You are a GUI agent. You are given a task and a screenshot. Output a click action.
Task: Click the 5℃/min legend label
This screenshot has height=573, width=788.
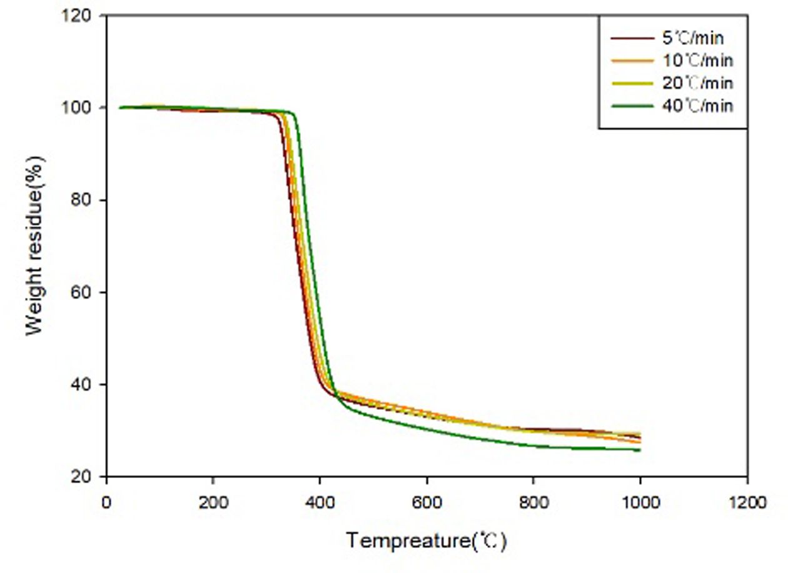click(x=692, y=39)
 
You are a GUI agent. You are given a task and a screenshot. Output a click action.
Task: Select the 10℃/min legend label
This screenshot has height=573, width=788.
click(x=697, y=61)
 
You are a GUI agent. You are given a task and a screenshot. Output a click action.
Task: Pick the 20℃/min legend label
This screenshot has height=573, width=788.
click(x=697, y=83)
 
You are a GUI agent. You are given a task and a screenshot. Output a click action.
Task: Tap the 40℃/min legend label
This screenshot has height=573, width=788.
click(x=697, y=105)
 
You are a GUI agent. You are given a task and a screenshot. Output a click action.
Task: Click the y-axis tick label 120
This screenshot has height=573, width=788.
click(x=84, y=15)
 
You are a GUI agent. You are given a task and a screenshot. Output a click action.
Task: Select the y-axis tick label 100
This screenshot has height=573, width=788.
click(x=84, y=107)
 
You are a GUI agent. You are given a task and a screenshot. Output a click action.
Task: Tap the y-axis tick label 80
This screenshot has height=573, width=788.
click(x=88, y=200)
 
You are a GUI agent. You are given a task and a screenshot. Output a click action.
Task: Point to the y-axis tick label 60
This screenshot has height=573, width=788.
click(x=88, y=292)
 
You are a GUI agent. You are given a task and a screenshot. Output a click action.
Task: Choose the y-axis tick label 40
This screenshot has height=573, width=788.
click(x=88, y=384)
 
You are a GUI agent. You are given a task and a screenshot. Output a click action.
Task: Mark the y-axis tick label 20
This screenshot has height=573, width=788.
click(x=88, y=476)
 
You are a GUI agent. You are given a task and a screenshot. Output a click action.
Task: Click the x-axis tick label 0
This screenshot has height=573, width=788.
click(x=106, y=502)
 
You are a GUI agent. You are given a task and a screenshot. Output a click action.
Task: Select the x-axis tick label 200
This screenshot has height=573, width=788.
click(x=213, y=502)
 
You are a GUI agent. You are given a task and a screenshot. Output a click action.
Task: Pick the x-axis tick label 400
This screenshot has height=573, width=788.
click(x=320, y=502)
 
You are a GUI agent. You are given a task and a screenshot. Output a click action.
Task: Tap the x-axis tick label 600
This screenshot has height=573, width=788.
click(x=427, y=502)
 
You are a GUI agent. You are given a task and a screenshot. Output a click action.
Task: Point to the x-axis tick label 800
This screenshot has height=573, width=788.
click(x=533, y=502)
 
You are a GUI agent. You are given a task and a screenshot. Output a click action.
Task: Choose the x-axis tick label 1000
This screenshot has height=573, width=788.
click(x=640, y=502)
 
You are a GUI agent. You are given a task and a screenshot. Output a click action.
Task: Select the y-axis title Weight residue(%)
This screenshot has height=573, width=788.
click(x=36, y=246)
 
